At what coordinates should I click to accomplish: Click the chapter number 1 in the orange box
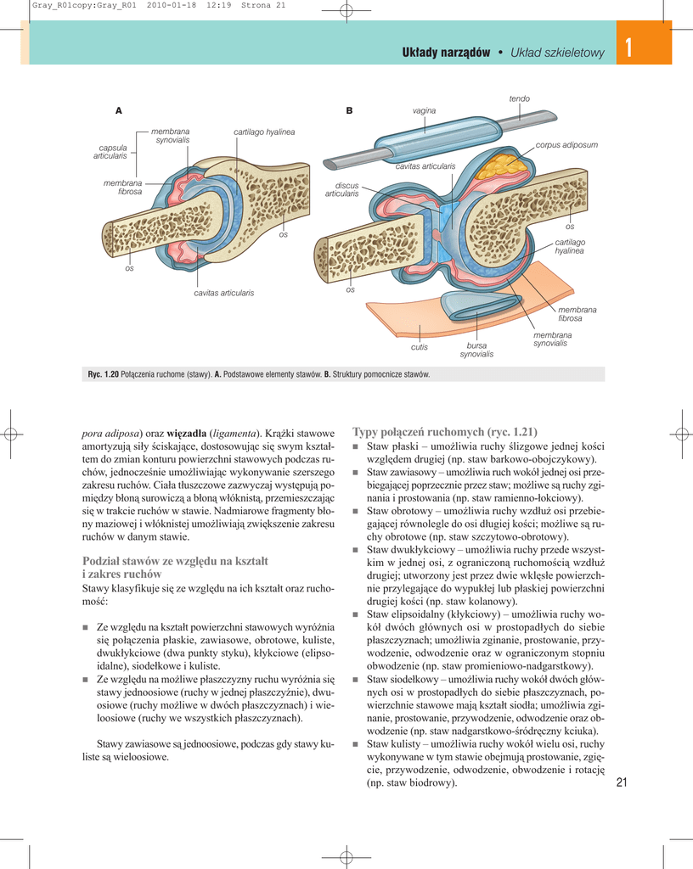coord(628,49)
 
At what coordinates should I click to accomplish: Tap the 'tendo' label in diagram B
coord(519,99)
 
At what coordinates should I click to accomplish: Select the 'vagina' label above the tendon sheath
coord(424,111)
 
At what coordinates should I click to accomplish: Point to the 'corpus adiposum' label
coord(566,145)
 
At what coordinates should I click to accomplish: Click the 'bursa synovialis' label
coord(476,350)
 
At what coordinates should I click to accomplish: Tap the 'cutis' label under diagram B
coord(419,347)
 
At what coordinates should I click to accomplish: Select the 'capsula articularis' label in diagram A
coord(110,152)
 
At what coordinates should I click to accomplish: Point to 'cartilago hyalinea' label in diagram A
coord(264,132)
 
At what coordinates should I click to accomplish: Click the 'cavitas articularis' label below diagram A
coord(223,293)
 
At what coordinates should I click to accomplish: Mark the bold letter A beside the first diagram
coord(119,111)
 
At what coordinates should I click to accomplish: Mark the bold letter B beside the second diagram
coord(349,111)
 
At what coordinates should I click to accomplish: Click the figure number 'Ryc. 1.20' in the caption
coord(103,374)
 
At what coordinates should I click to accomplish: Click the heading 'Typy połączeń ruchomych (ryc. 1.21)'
coord(444,431)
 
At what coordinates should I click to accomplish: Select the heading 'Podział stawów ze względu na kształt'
coord(175,560)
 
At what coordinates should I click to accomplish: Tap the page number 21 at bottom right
coord(621,782)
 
